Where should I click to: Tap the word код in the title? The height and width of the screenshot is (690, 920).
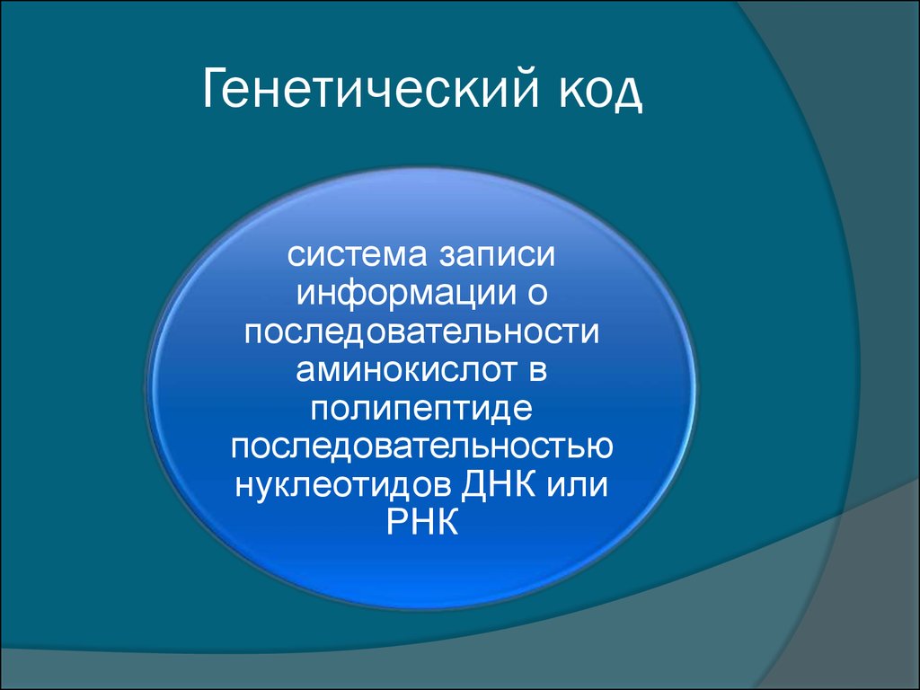pyautogui.click(x=599, y=93)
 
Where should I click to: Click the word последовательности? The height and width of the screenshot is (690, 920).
pyautogui.click(x=422, y=332)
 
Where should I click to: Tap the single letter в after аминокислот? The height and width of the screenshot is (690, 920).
pyautogui.click(x=537, y=370)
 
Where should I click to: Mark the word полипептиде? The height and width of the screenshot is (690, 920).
pyautogui.click(x=421, y=409)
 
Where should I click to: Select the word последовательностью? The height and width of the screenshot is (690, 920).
pyautogui.click(x=422, y=447)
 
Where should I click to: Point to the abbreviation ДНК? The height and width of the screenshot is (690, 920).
pyautogui.click(x=498, y=484)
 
